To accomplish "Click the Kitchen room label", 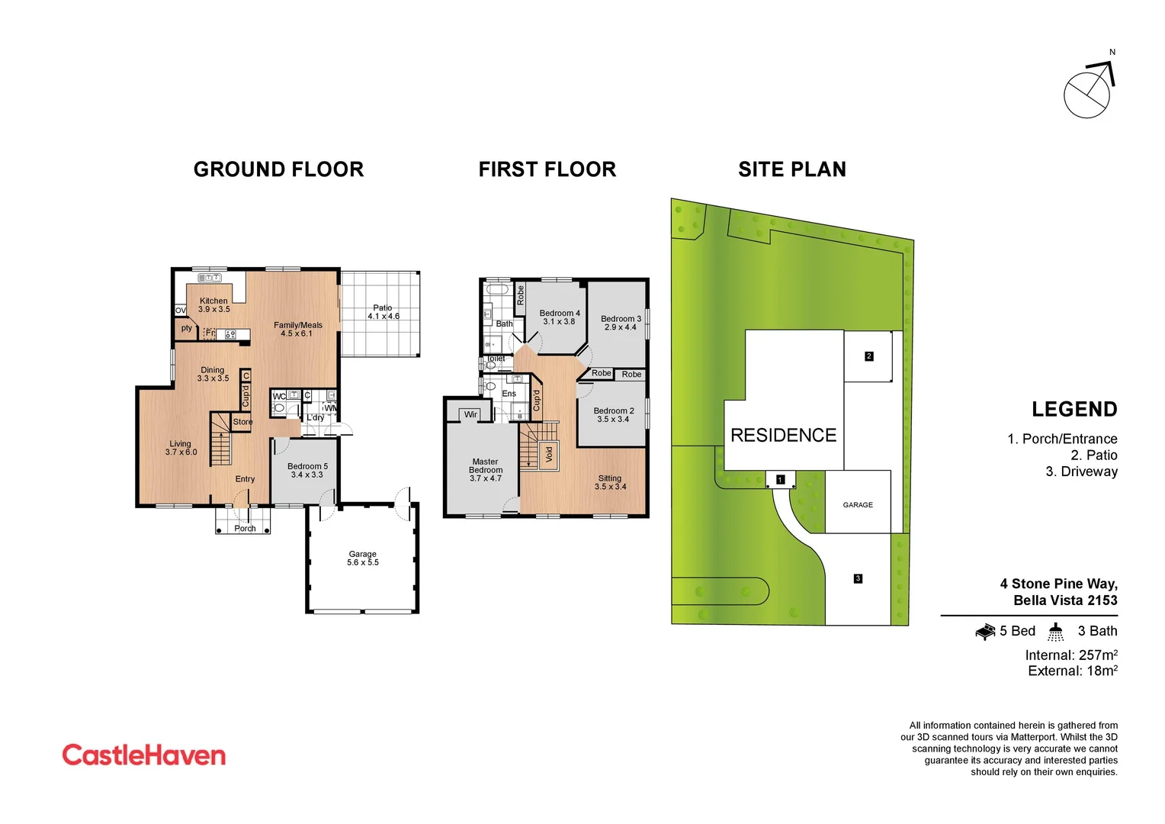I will coord(213,304).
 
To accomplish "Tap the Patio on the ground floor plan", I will coord(382,313).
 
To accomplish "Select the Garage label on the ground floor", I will coord(363,558).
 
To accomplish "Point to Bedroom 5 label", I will coord(307,470).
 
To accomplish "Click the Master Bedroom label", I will coord(486,470).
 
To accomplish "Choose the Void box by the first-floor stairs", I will coord(548,454).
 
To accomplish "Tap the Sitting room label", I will coord(610,482).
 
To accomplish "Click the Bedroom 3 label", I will coord(621,323).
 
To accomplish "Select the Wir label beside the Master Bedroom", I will coord(470,414).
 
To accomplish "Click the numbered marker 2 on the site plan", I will coord(868,356).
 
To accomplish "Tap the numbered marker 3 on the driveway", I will coord(858,578).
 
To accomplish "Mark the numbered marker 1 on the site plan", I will coord(780,479).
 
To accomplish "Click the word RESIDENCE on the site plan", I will coord(783,435).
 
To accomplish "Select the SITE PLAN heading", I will coord(792,169).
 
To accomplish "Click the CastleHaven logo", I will coord(144,755).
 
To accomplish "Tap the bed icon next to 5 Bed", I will coord(985,631).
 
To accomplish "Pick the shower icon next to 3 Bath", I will coord(1055,631).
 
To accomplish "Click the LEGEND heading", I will coord(1074,410).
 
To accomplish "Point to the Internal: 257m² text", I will coord(1071,655).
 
